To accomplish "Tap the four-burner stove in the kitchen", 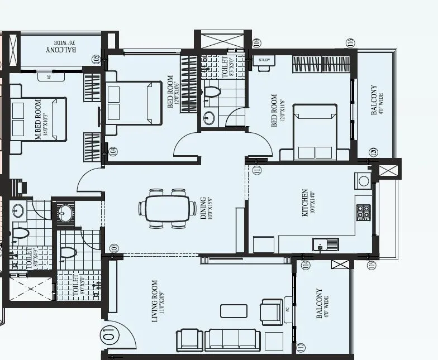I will [x=363, y=212].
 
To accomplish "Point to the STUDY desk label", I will [x=264, y=59].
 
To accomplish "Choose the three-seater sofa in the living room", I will [x=231, y=339].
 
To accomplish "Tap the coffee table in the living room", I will [x=233, y=310].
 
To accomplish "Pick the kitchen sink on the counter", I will [x=326, y=244].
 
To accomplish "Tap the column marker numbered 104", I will [x=113, y=151].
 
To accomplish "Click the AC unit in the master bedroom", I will [x=49, y=77].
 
